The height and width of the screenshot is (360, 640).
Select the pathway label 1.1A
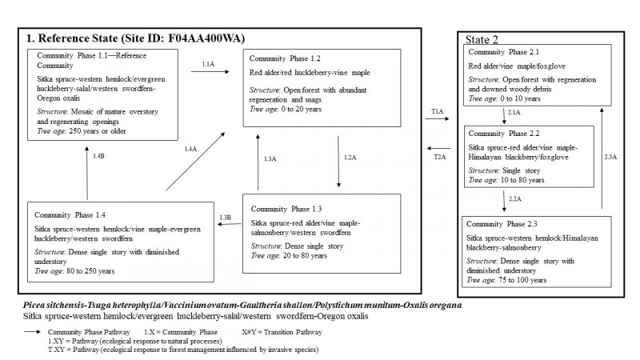(207, 63)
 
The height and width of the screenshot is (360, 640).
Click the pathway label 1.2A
(350, 158)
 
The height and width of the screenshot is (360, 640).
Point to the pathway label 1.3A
(270, 160)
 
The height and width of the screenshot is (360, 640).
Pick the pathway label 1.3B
(226, 217)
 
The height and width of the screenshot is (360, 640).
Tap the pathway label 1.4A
(190, 150)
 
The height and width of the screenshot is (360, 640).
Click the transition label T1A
(438, 114)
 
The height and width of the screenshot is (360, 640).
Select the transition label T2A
(439, 157)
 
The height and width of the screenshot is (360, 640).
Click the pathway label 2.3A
(610, 158)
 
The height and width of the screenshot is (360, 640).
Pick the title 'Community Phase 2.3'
(502, 224)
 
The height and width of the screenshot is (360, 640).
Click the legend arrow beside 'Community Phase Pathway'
(34, 330)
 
